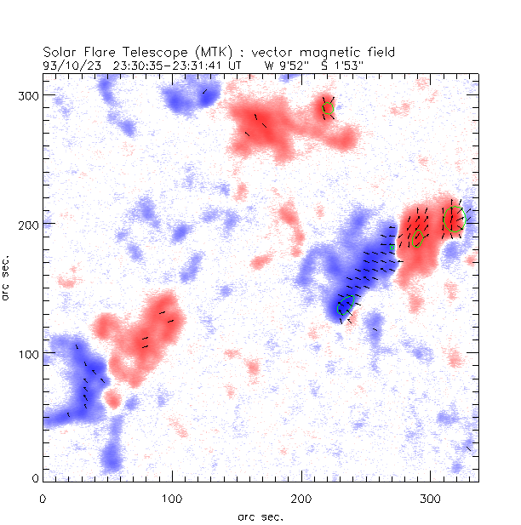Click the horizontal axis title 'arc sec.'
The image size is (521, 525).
(260, 516)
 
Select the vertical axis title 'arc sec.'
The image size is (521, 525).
(8, 276)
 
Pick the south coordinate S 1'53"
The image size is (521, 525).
(346, 64)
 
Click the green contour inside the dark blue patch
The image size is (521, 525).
(345, 306)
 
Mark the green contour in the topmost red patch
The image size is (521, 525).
(327, 107)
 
